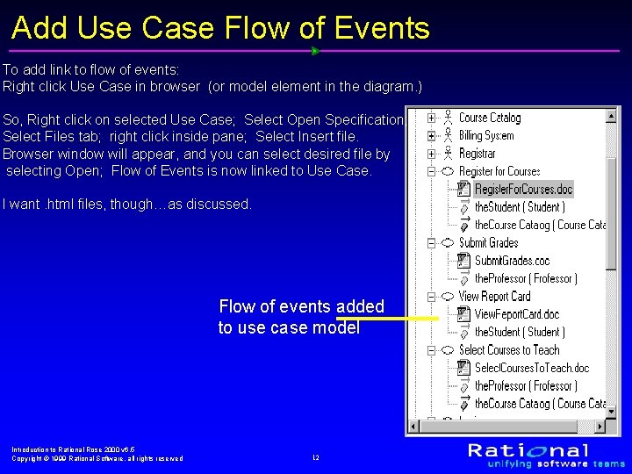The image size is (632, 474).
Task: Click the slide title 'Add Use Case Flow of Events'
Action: (x=220, y=28)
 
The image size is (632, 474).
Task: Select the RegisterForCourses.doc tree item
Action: (x=523, y=190)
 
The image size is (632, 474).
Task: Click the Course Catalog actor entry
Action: (x=489, y=118)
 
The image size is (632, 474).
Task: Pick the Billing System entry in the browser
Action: (x=486, y=136)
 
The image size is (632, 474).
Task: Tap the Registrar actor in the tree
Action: (x=477, y=154)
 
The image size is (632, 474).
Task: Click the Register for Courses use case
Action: (x=499, y=171)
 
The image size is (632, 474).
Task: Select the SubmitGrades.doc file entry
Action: (x=512, y=261)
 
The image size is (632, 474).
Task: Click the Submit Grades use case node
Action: (x=488, y=243)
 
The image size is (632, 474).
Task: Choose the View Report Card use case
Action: (x=494, y=297)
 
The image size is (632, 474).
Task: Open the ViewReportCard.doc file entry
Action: (x=516, y=314)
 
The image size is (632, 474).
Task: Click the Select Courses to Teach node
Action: (x=508, y=350)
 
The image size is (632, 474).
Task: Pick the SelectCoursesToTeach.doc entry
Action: (x=531, y=368)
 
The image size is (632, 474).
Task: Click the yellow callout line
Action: (x=412, y=319)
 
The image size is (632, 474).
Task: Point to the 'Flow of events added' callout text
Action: (x=301, y=307)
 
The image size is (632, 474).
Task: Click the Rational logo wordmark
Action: (x=528, y=450)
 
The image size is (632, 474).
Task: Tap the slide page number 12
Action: (x=315, y=458)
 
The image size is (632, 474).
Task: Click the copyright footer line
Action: (x=97, y=458)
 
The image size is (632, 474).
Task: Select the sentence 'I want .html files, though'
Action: (x=126, y=205)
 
